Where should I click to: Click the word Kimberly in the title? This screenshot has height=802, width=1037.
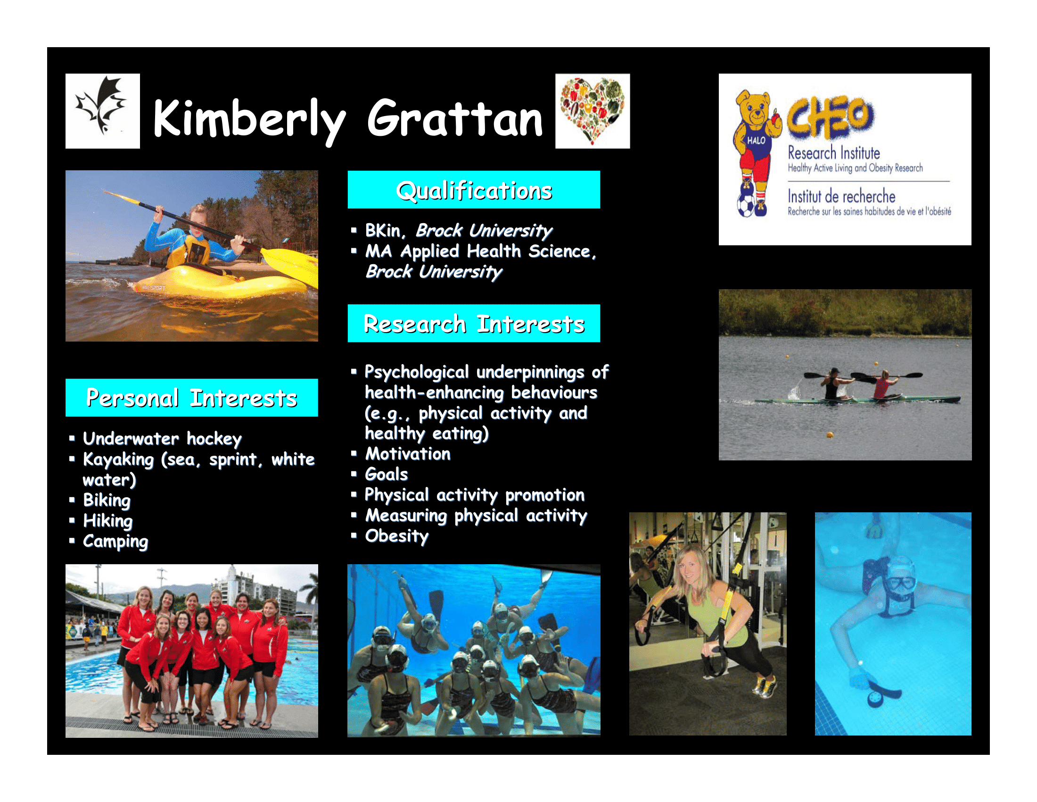249,120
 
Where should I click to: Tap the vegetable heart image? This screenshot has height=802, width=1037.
593,111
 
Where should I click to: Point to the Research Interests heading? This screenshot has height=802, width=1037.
474,324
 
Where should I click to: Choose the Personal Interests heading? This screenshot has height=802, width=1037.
191,398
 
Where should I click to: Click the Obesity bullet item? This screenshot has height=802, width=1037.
396,536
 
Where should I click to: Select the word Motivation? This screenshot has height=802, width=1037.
407,454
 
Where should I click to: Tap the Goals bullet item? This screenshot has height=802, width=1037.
386,475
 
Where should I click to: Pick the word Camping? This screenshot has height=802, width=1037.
115,542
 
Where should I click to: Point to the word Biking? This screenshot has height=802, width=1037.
107,500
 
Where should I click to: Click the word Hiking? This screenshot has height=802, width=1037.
108,521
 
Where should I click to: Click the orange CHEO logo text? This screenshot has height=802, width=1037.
830,117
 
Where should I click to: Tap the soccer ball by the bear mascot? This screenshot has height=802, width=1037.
746,205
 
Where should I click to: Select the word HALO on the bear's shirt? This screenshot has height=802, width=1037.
756,141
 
